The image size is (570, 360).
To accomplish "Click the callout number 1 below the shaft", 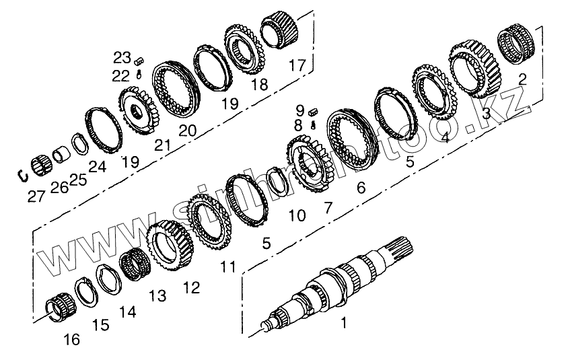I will pyautogui.click(x=343, y=324).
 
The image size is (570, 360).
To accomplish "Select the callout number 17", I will pyautogui.click(x=297, y=65).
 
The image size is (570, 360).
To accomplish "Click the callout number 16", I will pyautogui.click(x=72, y=340).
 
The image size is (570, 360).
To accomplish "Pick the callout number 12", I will pyautogui.click(x=191, y=288).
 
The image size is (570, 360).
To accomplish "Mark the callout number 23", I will pyautogui.click(x=122, y=57).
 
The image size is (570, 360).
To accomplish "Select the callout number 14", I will pyautogui.click(x=127, y=312).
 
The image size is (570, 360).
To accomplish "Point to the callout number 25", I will pyautogui.click(x=78, y=180).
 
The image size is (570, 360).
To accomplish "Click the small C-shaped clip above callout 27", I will pyautogui.click(x=22, y=175).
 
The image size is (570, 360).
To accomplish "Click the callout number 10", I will pyautogui.click(x=297, y=215).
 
